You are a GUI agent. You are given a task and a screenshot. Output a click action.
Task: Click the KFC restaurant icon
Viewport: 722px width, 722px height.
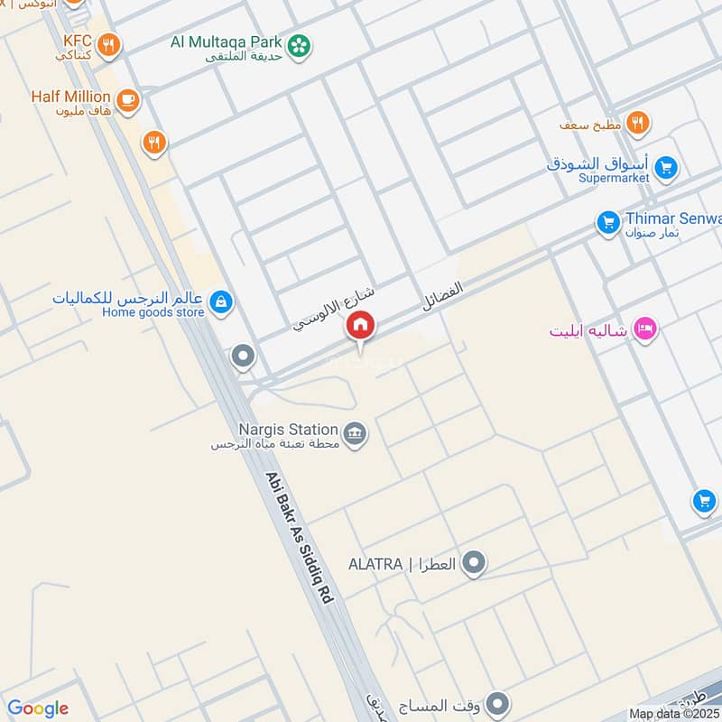click(108, 43)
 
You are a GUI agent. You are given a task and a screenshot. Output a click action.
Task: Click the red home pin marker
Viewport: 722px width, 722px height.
click(360, 326)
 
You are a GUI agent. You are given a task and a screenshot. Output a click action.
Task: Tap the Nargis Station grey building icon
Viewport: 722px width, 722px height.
click(356, 433)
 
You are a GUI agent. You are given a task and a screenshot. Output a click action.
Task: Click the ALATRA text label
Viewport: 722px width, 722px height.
click(375, 565)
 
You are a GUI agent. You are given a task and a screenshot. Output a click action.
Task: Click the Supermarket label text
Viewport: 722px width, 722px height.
click(615, 178)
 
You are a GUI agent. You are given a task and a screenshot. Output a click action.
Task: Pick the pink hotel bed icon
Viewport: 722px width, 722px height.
click(644, 328)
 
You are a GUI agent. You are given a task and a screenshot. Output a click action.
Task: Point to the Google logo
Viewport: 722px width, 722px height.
click(38, 708)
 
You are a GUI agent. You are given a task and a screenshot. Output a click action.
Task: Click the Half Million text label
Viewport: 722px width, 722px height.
click(70, 96)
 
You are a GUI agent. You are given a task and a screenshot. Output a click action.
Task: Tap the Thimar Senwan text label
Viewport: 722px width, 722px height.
click(672, 218)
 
